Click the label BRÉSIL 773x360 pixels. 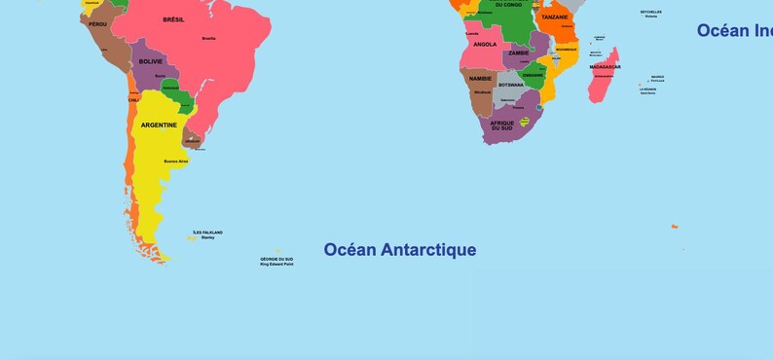(x=173, y=19)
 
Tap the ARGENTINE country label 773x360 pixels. (x=159, y=125)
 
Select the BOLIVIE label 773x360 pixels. (x=151, y=61)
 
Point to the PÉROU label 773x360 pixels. (x=97, y=23)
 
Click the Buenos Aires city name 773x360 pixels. (x=175, y=161)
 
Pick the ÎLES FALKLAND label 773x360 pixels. (x=207, y=233)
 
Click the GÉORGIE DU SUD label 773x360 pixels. (x=276, y=259)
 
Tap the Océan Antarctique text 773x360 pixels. (x=400, y=250)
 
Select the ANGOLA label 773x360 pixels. (x=484, y=44)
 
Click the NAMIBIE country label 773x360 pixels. (x=480, y=78)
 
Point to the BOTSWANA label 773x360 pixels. (x=510, y=85)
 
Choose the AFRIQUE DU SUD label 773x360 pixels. (x=501, y=125)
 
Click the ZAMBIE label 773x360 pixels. (x=518, y=53)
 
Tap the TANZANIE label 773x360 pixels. (x=555, y=17)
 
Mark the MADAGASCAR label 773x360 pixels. (x=605, y=67)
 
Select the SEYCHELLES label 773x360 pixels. (x=650, y=12)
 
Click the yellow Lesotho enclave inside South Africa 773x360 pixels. (x=525, y=122)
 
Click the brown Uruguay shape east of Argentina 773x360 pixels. (x=192, y=140)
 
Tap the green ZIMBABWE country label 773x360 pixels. (x=533, y=75)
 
